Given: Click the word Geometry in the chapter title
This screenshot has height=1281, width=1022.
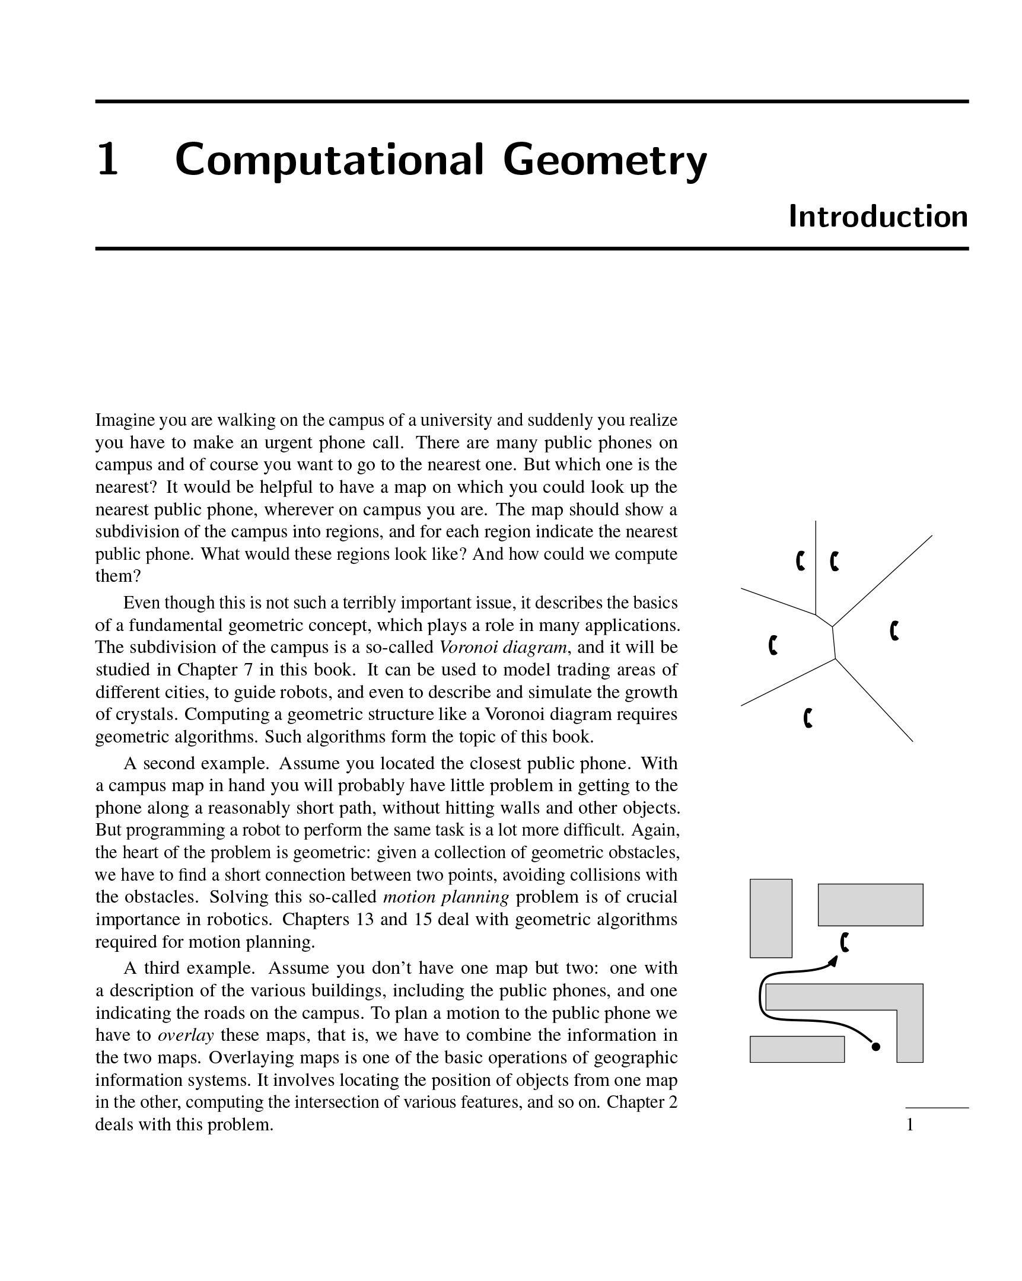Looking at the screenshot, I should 604,161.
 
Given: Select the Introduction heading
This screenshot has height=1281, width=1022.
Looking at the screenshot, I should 878,217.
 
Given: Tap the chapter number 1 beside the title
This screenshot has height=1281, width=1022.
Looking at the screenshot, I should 107,161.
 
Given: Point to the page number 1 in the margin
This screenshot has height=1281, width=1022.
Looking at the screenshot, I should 910,1125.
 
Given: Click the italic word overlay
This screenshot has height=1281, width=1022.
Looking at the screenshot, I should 186,1035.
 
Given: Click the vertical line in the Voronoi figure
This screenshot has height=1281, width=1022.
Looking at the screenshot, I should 816,568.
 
